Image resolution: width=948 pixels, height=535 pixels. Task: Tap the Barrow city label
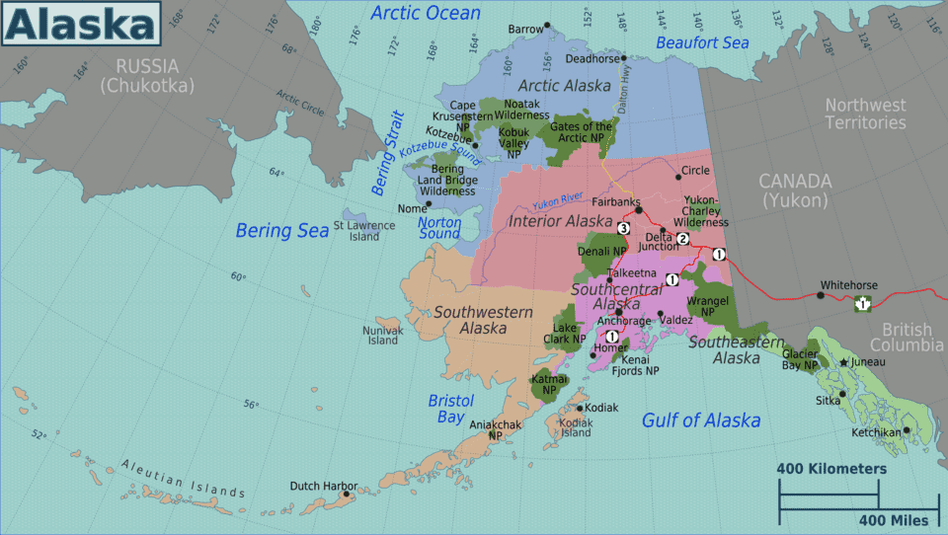pyautogui.click(x=525, y=30)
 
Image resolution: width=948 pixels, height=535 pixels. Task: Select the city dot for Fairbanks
pyautogui.click(x=639, y=209)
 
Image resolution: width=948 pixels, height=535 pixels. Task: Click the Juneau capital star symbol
pyautogui.click(x=843, y=362)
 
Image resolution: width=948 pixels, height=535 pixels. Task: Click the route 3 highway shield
pyautogui.click(x=623, y=229)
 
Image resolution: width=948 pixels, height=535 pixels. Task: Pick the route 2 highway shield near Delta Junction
pyautogui.click(x=681, y=238)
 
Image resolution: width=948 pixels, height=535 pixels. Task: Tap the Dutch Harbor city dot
pyautogui.click(x=345, y=495)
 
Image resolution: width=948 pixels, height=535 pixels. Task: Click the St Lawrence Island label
pyautogui.click(x=364, y=231)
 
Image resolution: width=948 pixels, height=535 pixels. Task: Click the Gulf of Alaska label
pyautogui.click(x=701, y=420)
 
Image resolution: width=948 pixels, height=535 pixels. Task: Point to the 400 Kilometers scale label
pyautogui.click(x=831, y=468)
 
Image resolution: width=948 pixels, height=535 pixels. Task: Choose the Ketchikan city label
pyautogui.click(x=877, y=432)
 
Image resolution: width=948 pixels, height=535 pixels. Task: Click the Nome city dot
pyautogui.click(x=429, y=205)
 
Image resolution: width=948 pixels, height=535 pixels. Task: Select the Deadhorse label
pyautogui.click(x=592, y=58)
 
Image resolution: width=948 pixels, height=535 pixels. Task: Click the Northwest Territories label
pyautogui.click(x=865, y=114)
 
